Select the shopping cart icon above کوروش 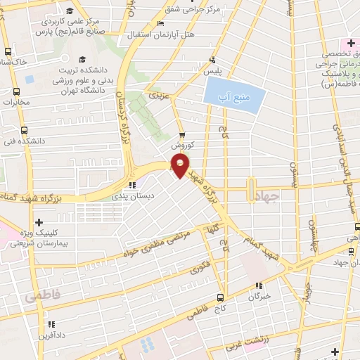(x=182, y=134)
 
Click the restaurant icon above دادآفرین (x=51, y=324)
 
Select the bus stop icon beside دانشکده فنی (x=25, y=130)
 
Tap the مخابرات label (x=17, y=103)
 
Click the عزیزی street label (x=156, y=94)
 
